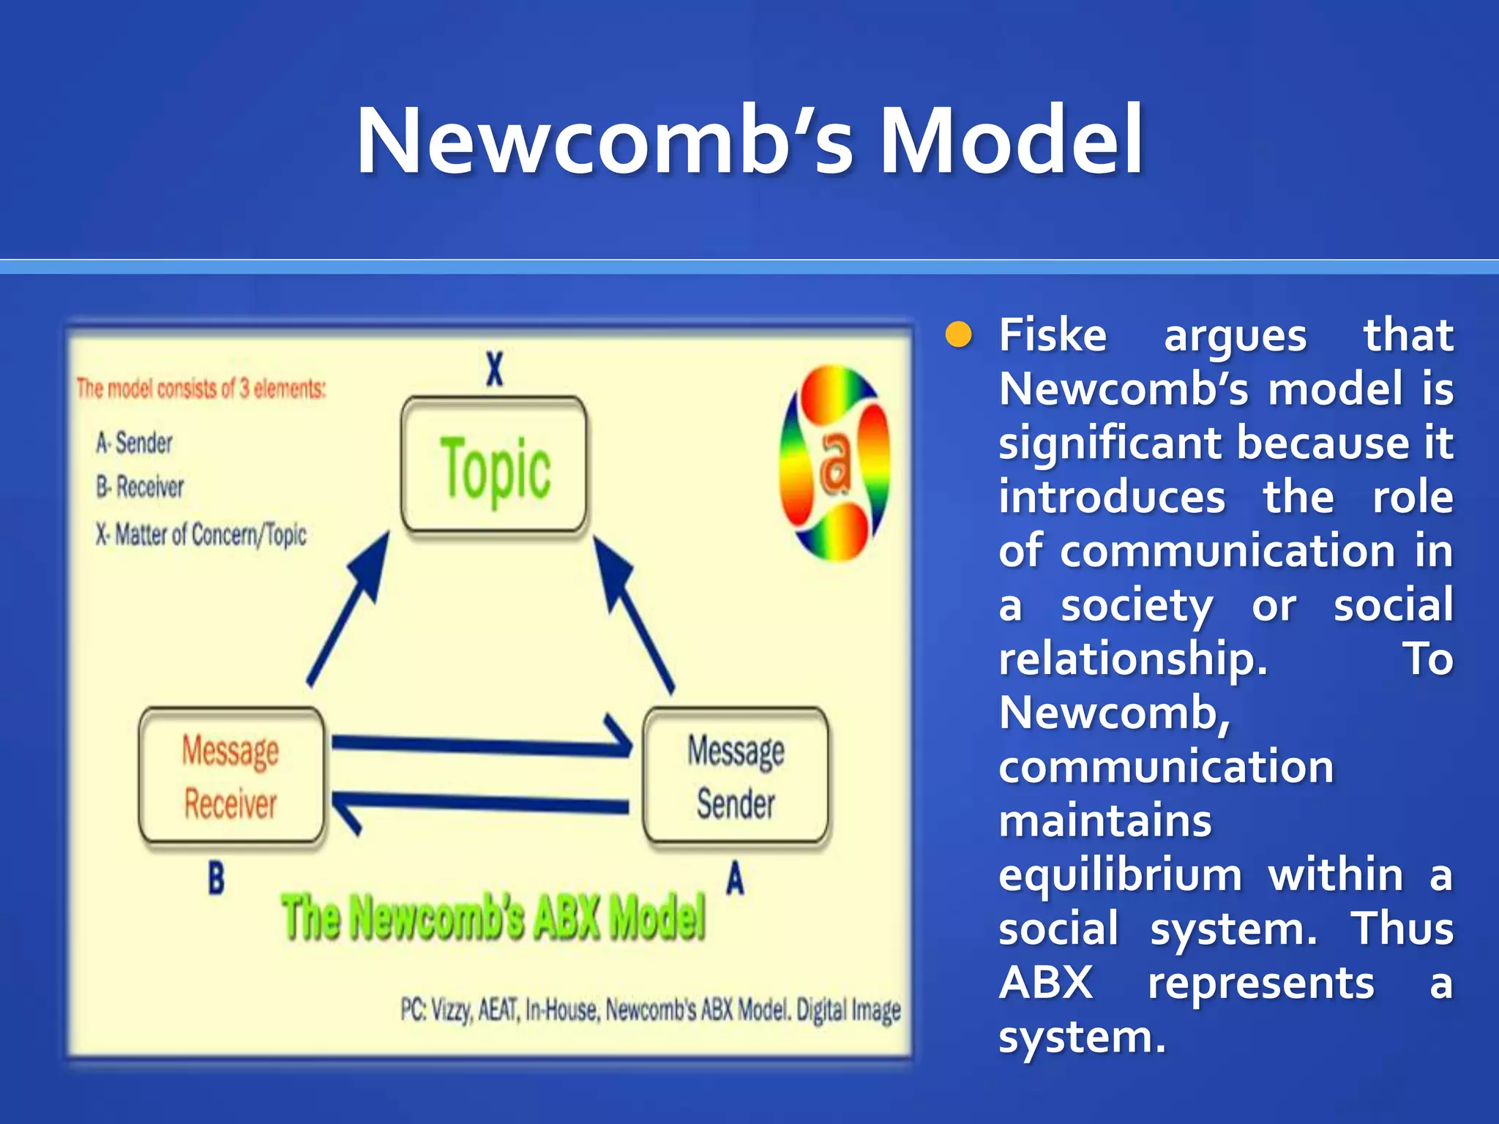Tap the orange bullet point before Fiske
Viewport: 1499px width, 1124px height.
pyautogui.click(x=957, y=335)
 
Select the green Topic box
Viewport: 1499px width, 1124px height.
pyautogui.click(x=494, y=466)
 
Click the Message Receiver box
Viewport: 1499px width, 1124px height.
pyautogui.click(x=231, y=776)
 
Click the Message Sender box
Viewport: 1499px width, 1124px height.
pyautogui.click(x=736, y=776)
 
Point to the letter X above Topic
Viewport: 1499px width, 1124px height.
pyautogui.click(x=495, y=369)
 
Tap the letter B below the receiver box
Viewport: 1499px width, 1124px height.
pyautogui.click(x=216, y=878)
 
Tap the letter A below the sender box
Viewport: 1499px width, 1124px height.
pyautogui.click(x=735, y=878)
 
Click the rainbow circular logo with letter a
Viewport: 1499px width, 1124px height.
pyautogui.click(x=834, y=463)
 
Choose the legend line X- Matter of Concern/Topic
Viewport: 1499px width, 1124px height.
pyautogui.click(x=201, y=535)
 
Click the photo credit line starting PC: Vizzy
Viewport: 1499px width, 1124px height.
pyautogui.click(x=650, y=1011)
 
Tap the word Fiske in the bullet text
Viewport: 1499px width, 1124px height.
pyautogui.click(x=1053, y=335)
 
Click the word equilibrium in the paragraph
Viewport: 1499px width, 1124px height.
pyautogui.click(x=1120, y=875)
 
